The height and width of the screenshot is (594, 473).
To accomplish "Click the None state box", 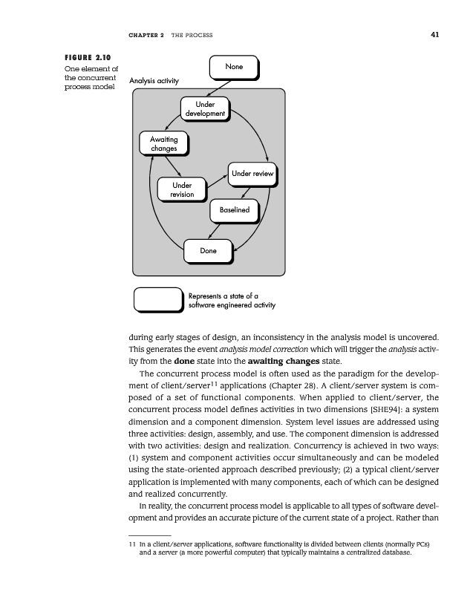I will [233, 68].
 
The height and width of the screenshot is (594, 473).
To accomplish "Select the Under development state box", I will [205, 109].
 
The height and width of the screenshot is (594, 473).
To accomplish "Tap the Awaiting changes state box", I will [163, 143].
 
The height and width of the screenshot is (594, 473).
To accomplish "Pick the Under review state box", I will [252, 174].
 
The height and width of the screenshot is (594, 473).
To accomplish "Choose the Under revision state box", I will [181, 189].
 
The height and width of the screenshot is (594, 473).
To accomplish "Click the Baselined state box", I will [234, 210].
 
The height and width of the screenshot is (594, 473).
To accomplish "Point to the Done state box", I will [208, 251].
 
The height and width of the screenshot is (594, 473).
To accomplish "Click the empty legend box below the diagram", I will [157, 298].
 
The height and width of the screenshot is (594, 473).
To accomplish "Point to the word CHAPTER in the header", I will [145, 35].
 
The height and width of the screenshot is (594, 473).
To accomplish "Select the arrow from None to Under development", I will [217, 88].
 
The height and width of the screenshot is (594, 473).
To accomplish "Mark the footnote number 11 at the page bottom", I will [132, 544].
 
